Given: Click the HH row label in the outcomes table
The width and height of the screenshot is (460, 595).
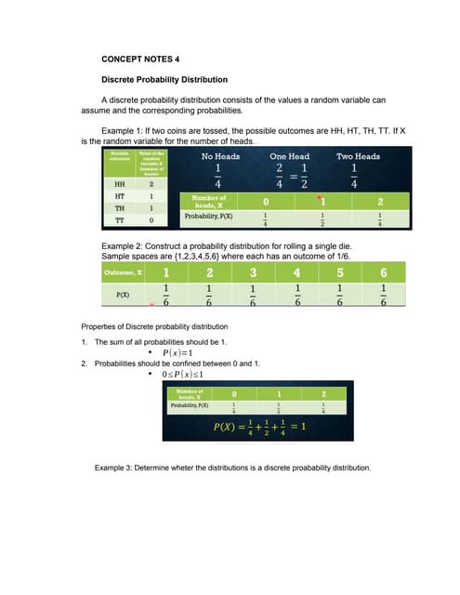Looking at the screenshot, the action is tap(119, 184).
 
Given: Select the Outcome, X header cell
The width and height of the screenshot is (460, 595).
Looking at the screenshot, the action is tap(120, 273).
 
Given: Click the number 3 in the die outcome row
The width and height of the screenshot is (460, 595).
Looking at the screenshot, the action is tap(253, 273).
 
